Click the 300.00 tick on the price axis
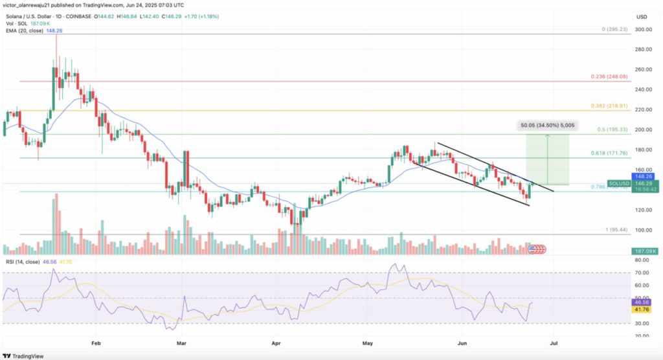[643, 30]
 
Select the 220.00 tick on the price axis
[643, 110]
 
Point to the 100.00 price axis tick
[643, 231]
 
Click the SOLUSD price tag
[619, 184]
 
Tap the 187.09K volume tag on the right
[646, 251]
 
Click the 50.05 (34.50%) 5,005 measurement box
[548, 125]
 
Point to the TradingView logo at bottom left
[29, 355]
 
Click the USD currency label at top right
[643, 16]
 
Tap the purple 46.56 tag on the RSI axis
[645, 302]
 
